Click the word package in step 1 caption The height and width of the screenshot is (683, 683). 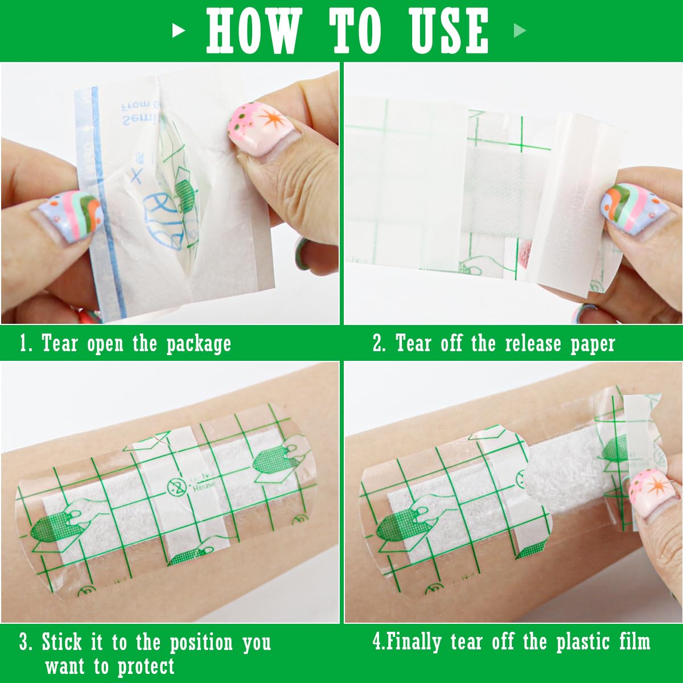pos(199,344)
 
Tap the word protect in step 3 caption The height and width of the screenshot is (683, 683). pos(146,666)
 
